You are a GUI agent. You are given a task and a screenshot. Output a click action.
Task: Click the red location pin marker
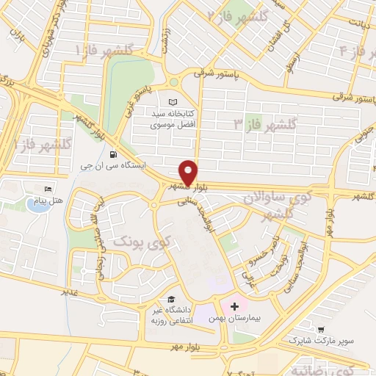click(188, 172)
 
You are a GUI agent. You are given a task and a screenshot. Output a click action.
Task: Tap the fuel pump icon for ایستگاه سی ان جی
click(112, 154)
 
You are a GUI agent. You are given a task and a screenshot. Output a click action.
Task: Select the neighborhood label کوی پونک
click(142, 242)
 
